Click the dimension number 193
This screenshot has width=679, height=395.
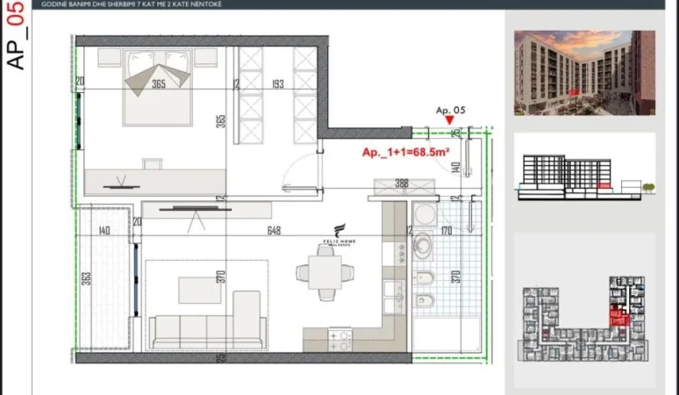[276, 84]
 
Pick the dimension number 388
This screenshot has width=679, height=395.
[403, 183]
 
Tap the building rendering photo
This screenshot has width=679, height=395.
[583, 73]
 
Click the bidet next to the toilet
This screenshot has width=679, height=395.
[424, 281]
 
